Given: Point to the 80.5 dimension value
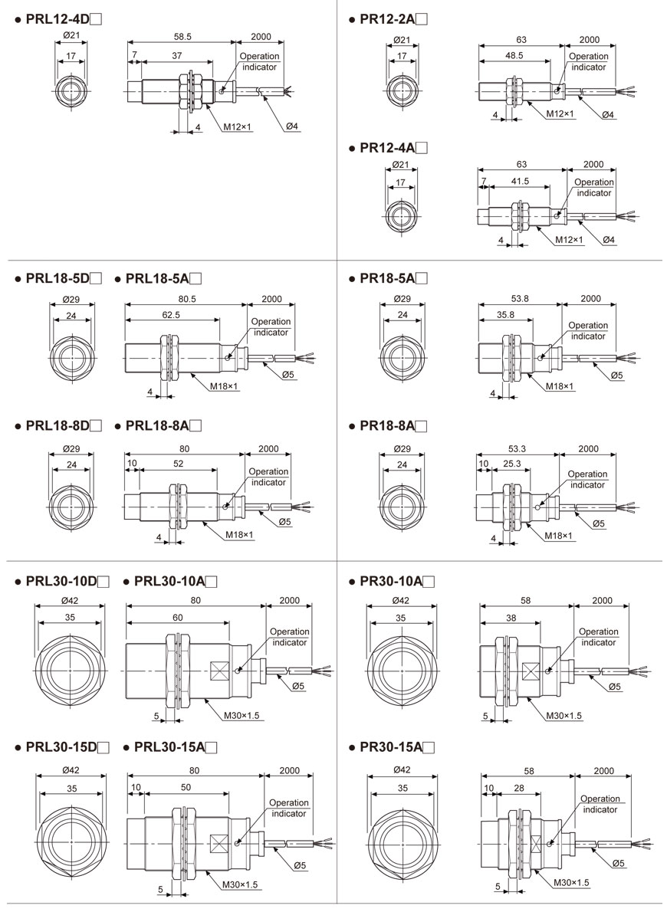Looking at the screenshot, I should (185, 298).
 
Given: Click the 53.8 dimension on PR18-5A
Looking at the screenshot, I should (520, 298).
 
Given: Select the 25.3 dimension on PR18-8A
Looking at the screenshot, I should (512, 464).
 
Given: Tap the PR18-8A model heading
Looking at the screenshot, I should (392, 425).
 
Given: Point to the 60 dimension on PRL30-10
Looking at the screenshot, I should (176, 616).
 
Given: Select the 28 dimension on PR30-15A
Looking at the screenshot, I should (519, 787).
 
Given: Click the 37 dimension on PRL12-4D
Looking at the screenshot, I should (177, 55).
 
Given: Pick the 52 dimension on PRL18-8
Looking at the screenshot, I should (178, 464).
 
